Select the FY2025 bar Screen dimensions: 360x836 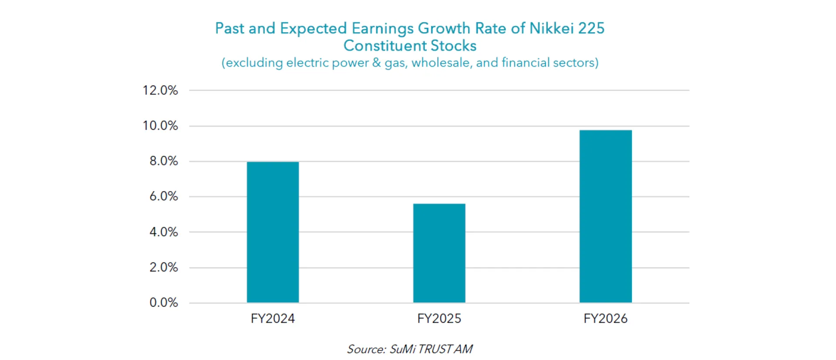pos(439,253)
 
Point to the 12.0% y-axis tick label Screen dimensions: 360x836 pos(160,91)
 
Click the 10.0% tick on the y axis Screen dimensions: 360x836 pos(160,126)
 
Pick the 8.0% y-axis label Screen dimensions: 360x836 pos(164,161)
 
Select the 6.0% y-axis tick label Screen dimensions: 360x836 pos(164,196)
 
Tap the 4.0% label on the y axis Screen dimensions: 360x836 pos(164,232)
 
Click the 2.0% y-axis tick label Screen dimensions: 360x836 pos(164,267)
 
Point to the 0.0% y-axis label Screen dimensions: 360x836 pos(164,303)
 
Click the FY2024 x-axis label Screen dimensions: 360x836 pos(273,319)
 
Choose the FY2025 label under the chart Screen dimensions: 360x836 pos(439,319)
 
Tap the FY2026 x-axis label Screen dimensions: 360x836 pos(605,319)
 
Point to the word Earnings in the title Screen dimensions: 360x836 pos(383,29)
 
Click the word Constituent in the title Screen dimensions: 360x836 pos(378,46)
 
